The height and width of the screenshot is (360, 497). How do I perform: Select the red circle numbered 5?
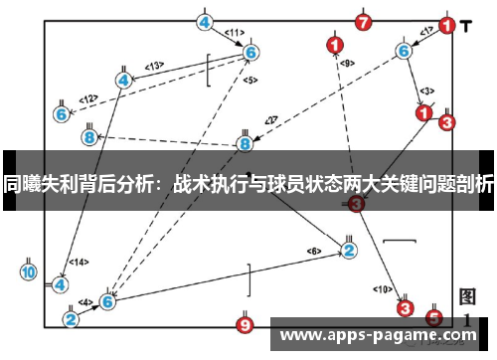[433, 318]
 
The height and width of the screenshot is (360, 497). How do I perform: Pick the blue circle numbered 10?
[28, 271]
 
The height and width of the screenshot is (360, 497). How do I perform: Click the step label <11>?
[235, 33]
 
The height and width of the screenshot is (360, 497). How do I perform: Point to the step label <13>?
[154, 66]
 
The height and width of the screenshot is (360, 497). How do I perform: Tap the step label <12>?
[88, 98]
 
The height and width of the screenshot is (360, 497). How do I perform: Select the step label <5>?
[249, 80]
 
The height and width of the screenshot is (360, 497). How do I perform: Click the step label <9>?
[346, 63]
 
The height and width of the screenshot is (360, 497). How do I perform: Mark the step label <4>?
[85, 302]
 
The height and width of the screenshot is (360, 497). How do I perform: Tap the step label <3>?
[426, 90]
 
